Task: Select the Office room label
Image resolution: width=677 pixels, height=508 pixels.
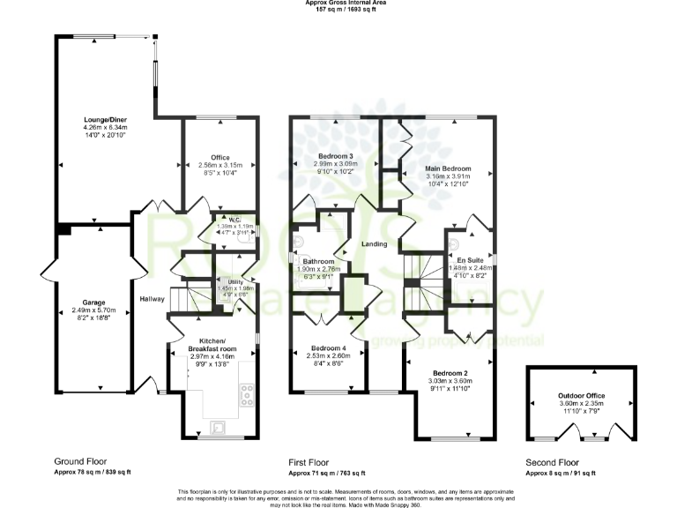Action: pyautogui.click(x=220, y=157)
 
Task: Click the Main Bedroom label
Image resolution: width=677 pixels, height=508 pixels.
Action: pyautogui.click(x=448, y=168)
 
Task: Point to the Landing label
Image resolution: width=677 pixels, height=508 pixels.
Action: pyautogui.click(x=375, y=244)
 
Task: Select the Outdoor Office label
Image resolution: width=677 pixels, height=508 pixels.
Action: pyautogui.click(x=578, y=396)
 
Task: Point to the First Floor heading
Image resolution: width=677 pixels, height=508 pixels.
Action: pyautogui.click(x=313, y=461)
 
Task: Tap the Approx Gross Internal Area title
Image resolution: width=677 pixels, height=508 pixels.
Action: pyautogui.click(x=338, y=4)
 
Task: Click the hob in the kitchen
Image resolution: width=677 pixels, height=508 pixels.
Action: pyautogui.click(x=245, y=395)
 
